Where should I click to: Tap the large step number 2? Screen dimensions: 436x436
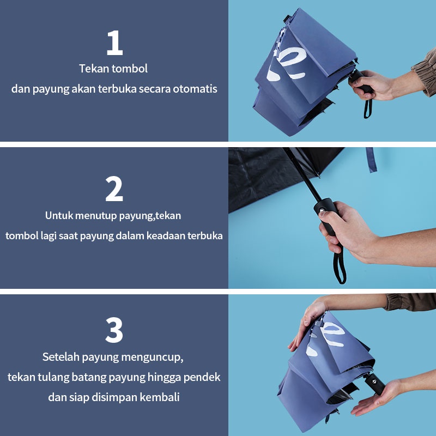[x=114, y=189]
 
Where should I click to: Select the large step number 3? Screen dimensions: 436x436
[x=114, y=330]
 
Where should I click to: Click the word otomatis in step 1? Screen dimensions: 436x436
[x=195, y=89]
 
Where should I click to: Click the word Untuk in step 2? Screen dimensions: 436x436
[x=59, y=215]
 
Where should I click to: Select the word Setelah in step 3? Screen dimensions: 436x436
[x=61, y=357]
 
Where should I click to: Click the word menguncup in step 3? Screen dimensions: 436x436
[x=152, y=358]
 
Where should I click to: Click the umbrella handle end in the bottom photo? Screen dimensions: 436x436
[x=375, y=384]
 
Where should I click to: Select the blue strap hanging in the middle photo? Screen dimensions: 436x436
[x=372, y=159]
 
